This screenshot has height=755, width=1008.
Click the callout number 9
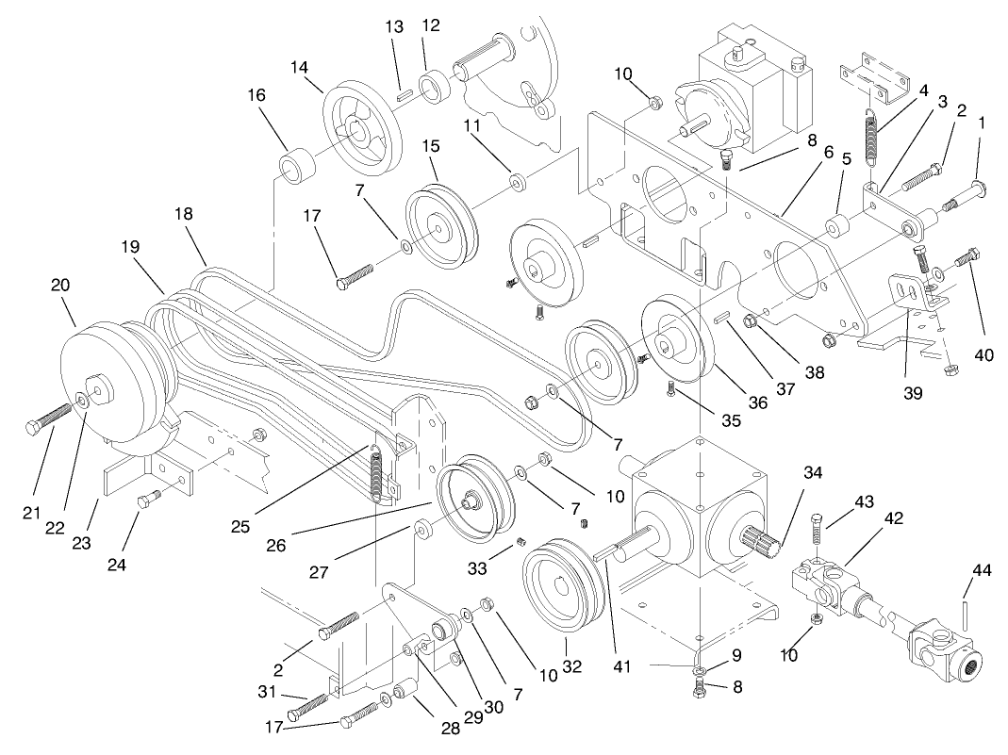[x=735, y=653]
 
